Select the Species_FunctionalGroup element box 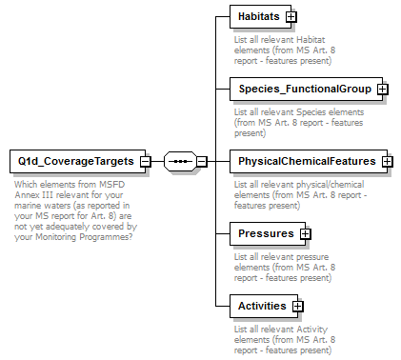click(x=303, y=89)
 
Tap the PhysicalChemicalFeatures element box click(x=306, y=161)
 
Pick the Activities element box click(x=262, y=306)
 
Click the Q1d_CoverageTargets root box click(x=74, y=161)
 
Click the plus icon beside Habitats click(x=291, y=16)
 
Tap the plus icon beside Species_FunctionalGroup click(x=382, y=89)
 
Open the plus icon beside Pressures click(x=305, y=233)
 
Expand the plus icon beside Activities click(x=297, y=306)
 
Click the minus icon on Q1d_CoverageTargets click(x=146, y=161)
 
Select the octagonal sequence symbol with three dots click(x=179, y=161)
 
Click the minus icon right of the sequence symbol click(x=201, y=161)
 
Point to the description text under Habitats click(x=283, y=50)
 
